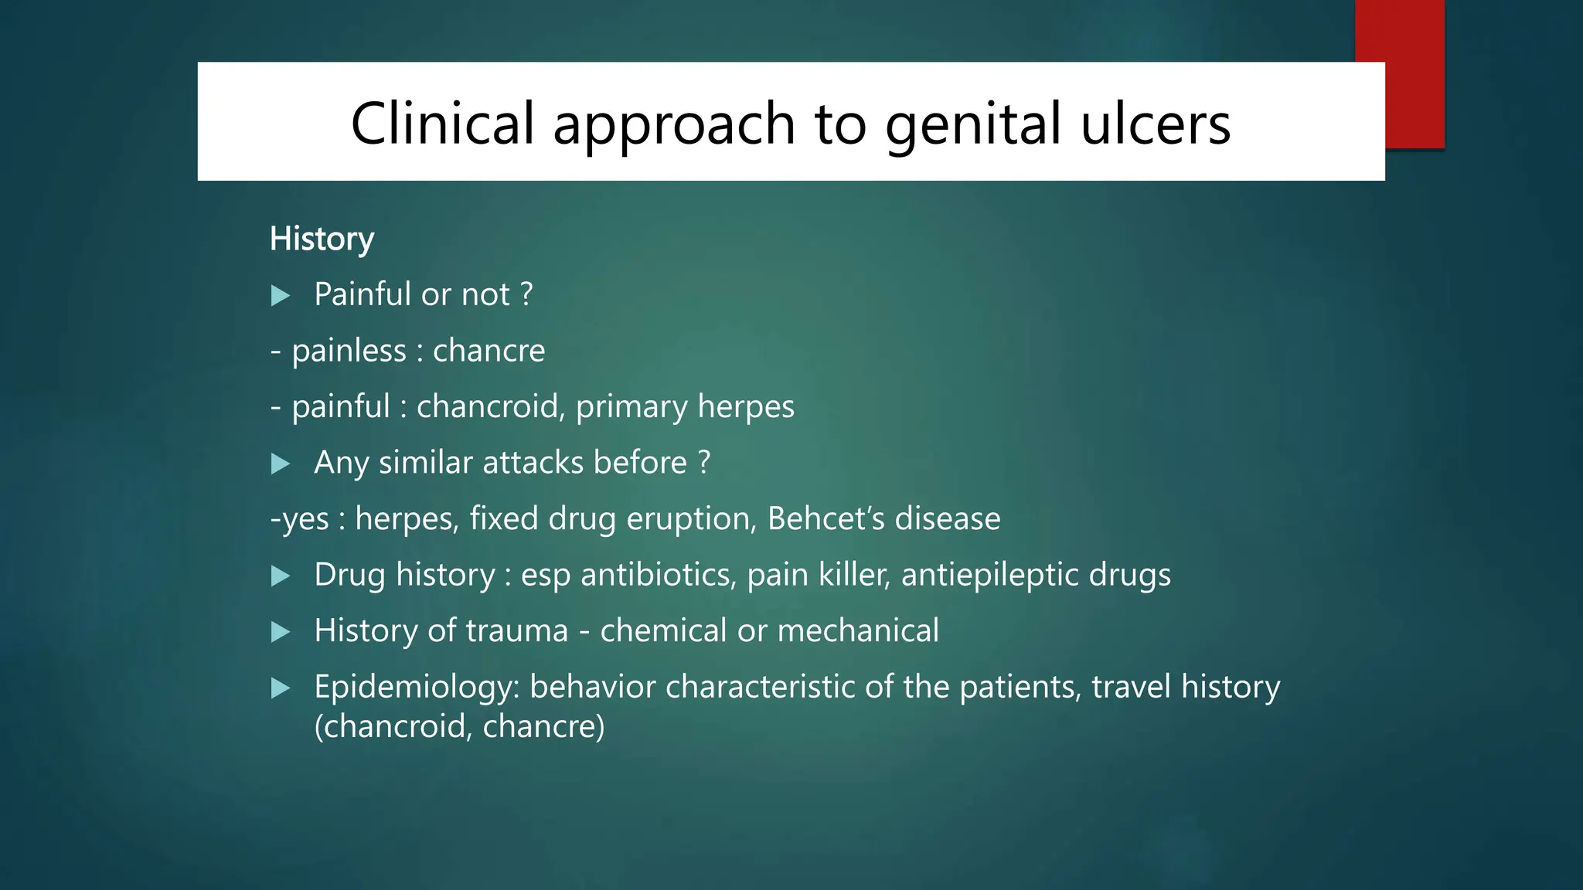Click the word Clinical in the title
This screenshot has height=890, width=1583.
442,124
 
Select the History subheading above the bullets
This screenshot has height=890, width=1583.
322,239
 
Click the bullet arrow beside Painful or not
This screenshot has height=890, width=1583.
281,296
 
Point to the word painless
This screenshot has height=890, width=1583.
349,351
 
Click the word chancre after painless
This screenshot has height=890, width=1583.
489,351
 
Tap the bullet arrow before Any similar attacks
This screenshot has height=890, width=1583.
281,464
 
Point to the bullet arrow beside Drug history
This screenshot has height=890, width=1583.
281,576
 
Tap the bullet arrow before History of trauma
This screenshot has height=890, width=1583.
281,633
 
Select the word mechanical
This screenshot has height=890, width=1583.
858,630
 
